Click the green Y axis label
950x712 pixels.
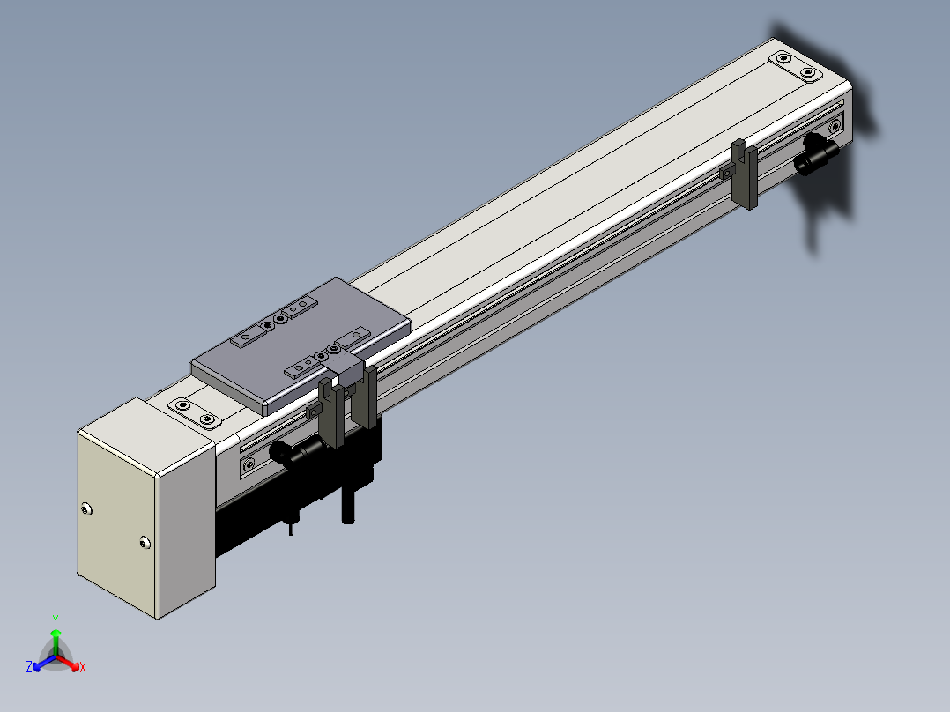56,619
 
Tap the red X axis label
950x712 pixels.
83,667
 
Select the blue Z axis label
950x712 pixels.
28,667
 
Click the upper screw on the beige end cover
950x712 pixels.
86,509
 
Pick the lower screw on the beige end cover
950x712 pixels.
145,542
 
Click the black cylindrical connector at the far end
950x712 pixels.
816,155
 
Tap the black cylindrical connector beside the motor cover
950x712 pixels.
298,453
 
